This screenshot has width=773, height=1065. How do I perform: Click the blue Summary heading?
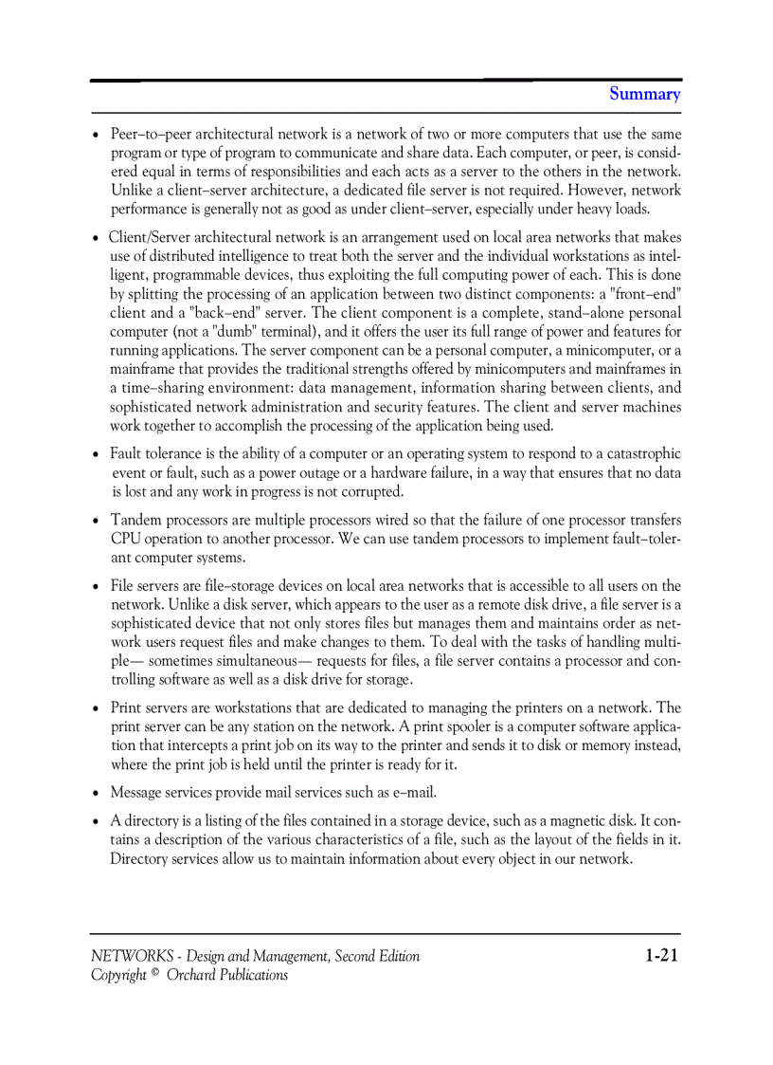pos(644,94)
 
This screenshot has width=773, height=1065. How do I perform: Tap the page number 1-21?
pos(661,955)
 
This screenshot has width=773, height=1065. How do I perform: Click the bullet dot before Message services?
pos(97,793)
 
